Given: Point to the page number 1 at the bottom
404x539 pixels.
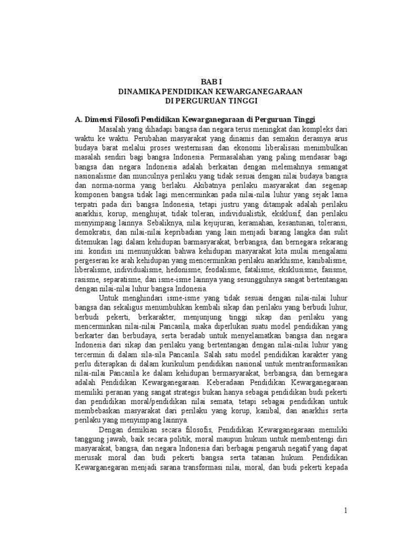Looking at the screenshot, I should point(346,510).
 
